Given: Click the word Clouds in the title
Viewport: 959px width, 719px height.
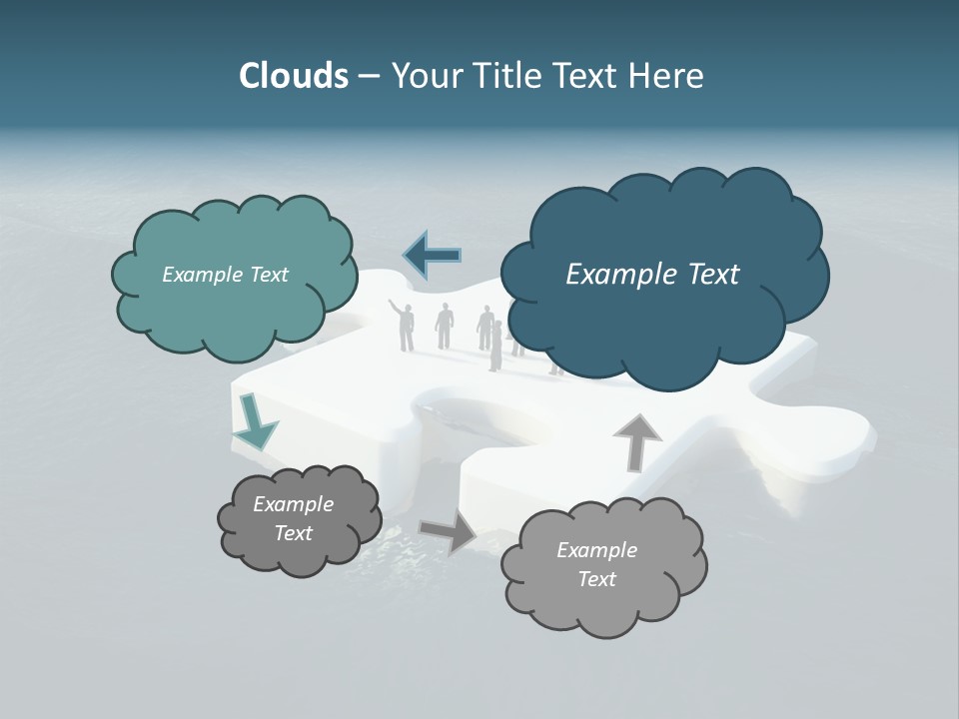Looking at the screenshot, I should (293, 76).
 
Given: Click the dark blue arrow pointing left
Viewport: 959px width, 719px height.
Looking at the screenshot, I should (433, 256).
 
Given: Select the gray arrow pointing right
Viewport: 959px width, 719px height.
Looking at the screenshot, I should (449, 531).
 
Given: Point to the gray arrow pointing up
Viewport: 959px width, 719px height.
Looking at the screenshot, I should (636, 441).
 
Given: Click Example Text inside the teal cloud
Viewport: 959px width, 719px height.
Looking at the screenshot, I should (225, 275).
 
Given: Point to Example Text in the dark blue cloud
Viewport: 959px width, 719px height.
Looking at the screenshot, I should (652, 275).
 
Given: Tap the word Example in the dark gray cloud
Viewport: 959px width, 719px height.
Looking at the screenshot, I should (293, 504).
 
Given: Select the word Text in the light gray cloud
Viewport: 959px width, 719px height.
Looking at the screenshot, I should (596, 579).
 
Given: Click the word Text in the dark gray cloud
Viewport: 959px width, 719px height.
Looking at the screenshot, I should (293, 533).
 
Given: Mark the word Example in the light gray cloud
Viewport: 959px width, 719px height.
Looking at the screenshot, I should (596, 550).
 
